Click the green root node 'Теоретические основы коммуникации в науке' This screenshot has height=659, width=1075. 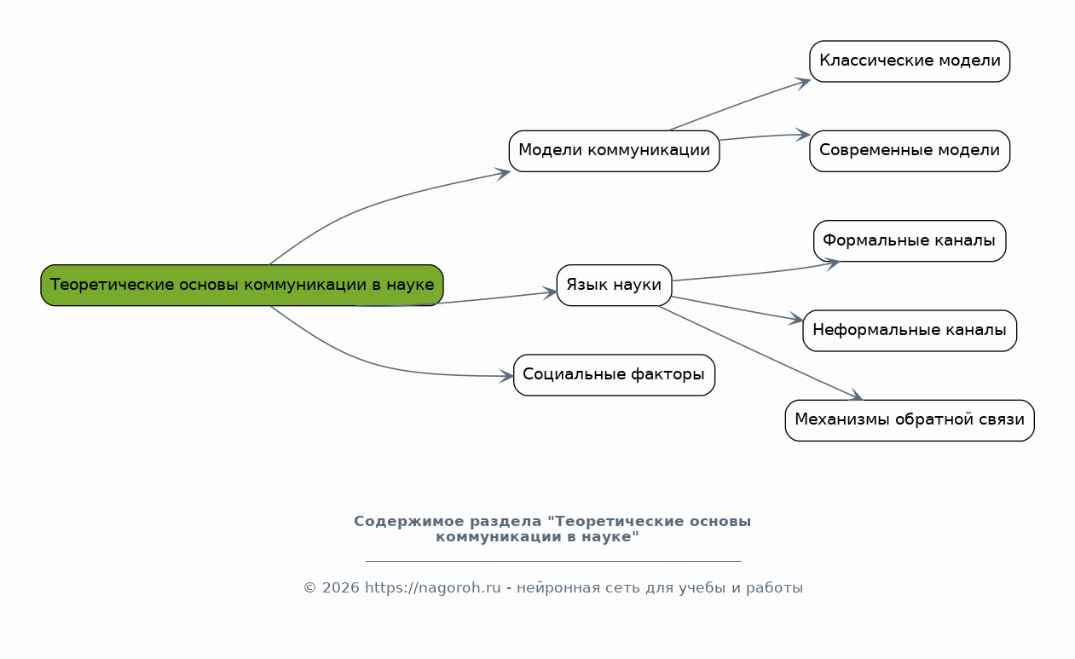point(242,285)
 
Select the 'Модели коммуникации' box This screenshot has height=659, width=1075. point(615,151)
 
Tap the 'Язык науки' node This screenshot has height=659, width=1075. point(615,285)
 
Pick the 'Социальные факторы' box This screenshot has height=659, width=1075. point(615,375)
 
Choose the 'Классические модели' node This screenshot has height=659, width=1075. point(910,61)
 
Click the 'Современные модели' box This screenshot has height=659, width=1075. point(910,151)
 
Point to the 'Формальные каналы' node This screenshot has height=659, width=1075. point(910,241)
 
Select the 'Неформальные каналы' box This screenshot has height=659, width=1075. point(910,331)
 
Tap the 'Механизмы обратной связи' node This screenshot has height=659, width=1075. point(910,420)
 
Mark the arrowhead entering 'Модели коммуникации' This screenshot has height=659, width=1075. point(504,173)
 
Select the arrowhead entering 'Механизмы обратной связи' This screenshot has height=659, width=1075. point(856,395)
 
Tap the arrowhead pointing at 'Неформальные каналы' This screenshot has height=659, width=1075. point(797,319)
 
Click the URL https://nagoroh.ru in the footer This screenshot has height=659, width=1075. point(433,588)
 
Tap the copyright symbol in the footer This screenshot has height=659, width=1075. point(310,588)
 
